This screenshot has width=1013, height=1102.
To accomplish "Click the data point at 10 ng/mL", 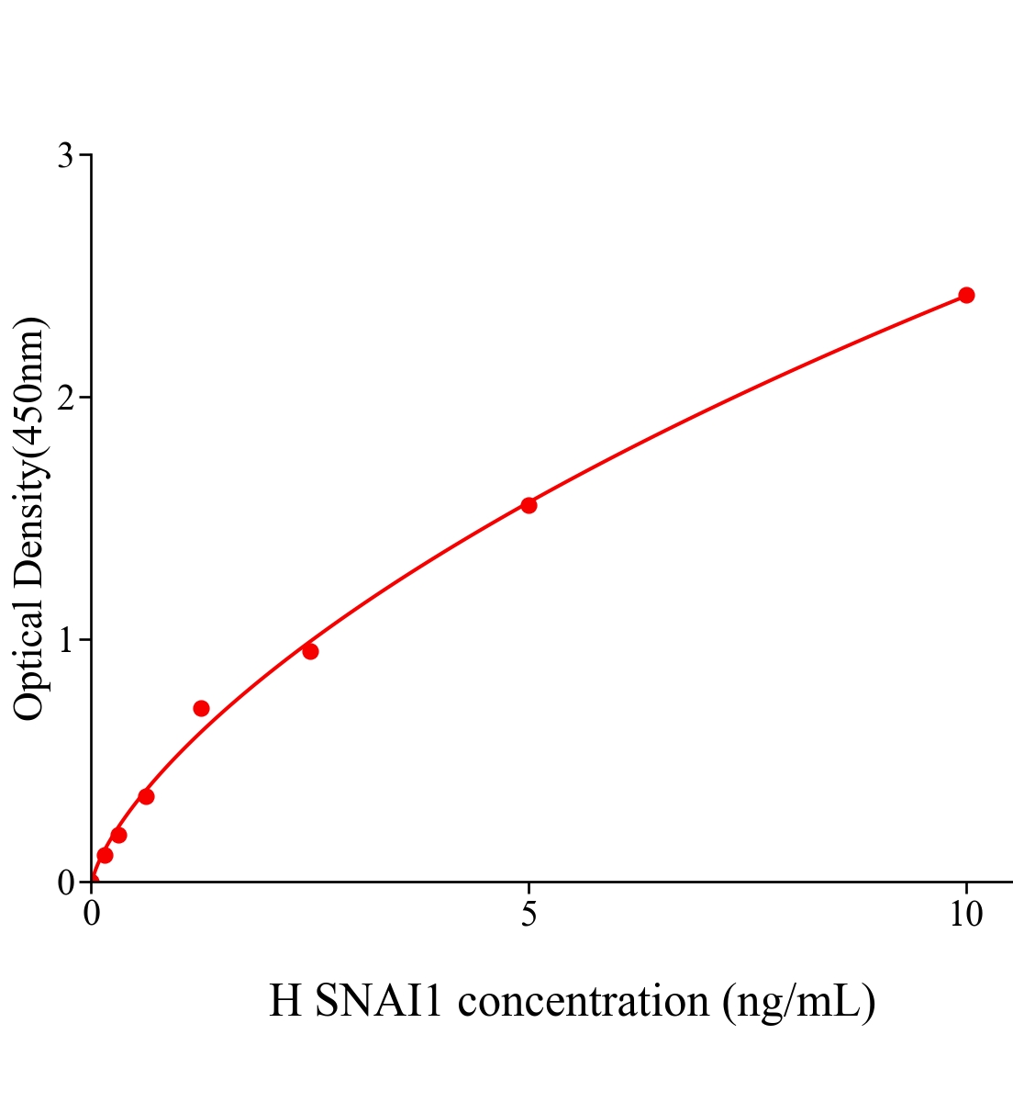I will tap(965, 295).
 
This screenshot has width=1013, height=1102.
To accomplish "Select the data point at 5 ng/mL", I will tap(529, 505).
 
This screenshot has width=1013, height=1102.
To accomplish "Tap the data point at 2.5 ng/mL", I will tap(310, 651).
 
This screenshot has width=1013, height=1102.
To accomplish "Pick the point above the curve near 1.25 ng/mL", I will tap(201, 708).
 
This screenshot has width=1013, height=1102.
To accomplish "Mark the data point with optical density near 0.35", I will tap(146, 796).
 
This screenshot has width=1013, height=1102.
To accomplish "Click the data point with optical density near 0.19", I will tap(118, 835).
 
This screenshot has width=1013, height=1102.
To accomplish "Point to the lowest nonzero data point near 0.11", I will tap(105, 855).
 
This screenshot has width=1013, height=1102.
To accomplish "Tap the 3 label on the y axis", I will tap(65, 156).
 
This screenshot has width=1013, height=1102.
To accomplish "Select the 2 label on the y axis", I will tap(65, 398).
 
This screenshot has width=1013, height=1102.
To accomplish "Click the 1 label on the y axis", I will tap(65, 640).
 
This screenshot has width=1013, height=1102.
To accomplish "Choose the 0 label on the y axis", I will tap(65, 883).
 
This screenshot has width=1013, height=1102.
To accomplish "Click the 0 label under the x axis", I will tap(92, 915).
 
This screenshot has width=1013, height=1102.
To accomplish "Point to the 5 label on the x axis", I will tap(529, 915).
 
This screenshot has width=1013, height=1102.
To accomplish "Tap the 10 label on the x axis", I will tap(965, 915).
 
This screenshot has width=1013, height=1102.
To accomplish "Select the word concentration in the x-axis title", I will tap(584, 1001).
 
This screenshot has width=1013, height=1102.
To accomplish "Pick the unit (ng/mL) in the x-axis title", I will tap(798, 1001).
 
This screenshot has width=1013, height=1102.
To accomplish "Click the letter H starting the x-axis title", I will tap(285, 1001).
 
